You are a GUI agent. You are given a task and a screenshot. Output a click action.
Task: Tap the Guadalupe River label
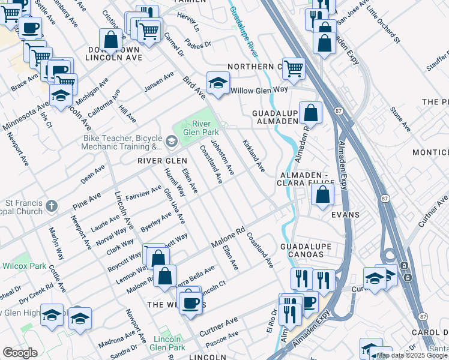(243, 26)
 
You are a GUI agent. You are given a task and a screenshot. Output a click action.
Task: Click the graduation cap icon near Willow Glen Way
(218, 82)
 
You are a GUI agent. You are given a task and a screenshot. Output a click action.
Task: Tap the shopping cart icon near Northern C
(294, 68)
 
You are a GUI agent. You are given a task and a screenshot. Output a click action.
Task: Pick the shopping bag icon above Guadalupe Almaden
(311, 112)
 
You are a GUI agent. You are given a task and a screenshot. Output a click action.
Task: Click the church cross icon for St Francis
(52, 206)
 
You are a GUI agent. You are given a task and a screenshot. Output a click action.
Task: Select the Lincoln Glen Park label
(166, 343)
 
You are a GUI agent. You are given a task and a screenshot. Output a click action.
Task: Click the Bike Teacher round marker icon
(172, 142)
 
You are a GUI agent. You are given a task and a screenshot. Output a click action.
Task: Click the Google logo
(20, 353)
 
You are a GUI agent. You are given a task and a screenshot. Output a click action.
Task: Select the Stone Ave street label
(400, 119)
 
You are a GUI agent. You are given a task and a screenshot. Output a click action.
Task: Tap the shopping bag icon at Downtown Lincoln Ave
(111, 40)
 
